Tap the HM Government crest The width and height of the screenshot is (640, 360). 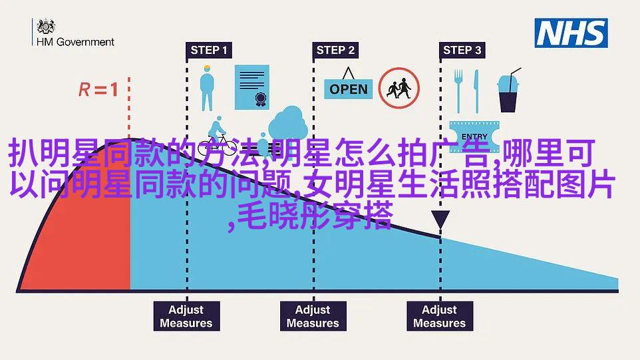point(46,27)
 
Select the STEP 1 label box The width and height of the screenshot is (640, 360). point(208,50)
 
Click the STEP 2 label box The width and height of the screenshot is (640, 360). point(335,50)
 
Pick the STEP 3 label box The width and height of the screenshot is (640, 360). point(462,50)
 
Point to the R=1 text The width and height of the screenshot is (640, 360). point(98,89)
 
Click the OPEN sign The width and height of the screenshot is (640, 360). point(349,89)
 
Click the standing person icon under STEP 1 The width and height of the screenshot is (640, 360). point(208,89)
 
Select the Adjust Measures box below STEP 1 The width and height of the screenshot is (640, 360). point(186,316)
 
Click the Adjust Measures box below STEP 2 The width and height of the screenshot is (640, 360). point(313,316)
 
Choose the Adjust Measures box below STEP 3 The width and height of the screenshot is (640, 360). point(439,316)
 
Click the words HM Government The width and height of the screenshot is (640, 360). point(85,41)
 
